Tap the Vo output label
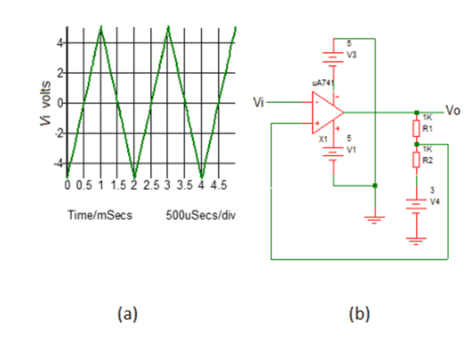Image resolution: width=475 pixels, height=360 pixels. [x=452, y=110]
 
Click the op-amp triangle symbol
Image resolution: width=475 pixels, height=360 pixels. [x=326, y=113]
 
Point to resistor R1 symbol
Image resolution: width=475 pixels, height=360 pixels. [x=415, y=126]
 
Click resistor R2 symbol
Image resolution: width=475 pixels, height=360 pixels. [x=415, y=159]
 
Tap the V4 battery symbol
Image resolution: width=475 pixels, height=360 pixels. [x=415, y=202]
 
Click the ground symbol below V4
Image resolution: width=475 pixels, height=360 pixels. [x=415, y=240]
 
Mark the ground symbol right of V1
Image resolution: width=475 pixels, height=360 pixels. [x=375, y=219]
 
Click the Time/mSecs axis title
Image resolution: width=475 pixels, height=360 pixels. [x=100, y=215]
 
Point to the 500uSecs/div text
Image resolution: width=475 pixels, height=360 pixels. [x=201, y=215]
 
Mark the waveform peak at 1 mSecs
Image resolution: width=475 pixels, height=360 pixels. [x=101, y=28]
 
